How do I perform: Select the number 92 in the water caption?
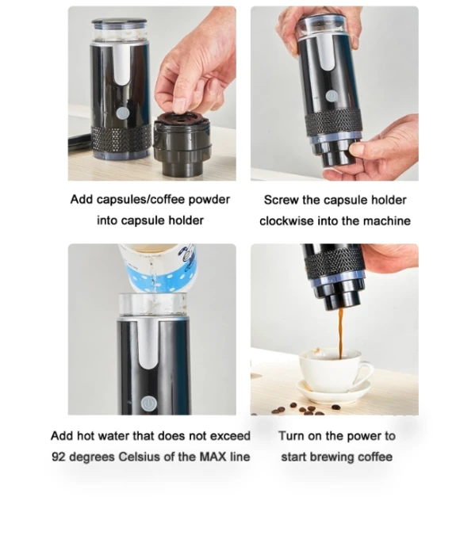click(x=59, y=457)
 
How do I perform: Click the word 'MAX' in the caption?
click(x=213, y=457)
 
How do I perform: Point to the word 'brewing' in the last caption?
click(x=333, y=457)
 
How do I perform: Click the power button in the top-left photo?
click(x=122, y=113)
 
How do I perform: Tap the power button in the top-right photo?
click(x=331, y=96)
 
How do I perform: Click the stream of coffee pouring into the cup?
click(x=340, y=333)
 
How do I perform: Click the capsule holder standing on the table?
click(x=182, y=145)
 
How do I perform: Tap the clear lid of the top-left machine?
click(x=119, y=31)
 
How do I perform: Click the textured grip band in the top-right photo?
click(x=333, y=124)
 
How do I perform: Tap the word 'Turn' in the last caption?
click(x=291, y=436)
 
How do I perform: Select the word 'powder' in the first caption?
click(x=209, y=200)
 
